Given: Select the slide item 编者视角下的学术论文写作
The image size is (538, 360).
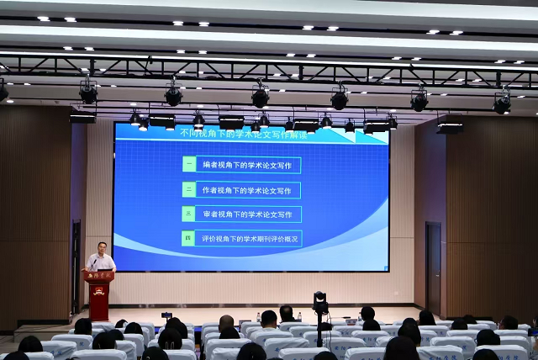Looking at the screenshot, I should (249, 166).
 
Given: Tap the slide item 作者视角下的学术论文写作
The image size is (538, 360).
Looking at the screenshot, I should (249, 190).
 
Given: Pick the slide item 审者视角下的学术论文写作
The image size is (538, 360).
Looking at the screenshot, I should (249, 214).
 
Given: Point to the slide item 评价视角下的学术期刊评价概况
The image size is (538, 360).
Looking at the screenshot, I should (250, 239).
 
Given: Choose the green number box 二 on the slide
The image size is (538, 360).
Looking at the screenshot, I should (189, 190).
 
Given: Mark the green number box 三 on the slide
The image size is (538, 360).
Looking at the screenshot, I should (189, 214).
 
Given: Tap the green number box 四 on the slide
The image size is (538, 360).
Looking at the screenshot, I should (189, 239).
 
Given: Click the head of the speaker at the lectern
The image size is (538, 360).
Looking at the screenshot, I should (101, 248).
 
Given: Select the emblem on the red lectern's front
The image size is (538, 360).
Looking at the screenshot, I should (99, 291).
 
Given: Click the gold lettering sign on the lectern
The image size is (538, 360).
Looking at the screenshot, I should (99, 276).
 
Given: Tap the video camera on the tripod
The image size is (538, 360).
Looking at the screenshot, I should (319, 301).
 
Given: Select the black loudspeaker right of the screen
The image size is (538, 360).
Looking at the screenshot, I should (450, 124).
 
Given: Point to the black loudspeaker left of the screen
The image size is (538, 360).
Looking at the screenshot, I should (82, 119).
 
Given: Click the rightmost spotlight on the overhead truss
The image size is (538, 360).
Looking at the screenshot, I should (502, 103).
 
